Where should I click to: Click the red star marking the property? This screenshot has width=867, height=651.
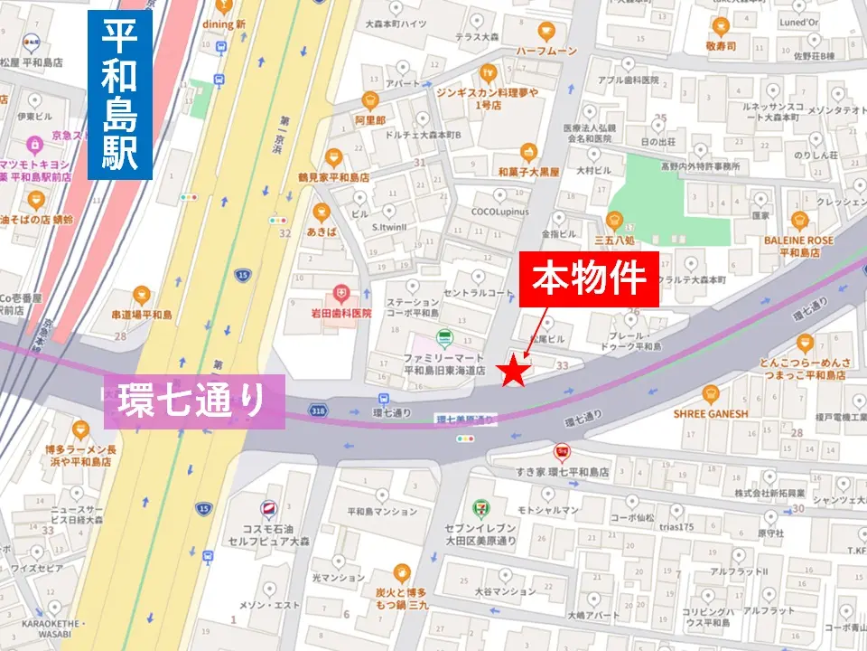click(514, 372)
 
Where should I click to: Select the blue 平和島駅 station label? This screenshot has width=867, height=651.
click(119, 95)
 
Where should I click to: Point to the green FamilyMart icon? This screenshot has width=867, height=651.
click(443, 338)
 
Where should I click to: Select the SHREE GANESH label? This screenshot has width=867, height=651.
click(711, 413)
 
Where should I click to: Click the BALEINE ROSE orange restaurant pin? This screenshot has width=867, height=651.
click(798, 220)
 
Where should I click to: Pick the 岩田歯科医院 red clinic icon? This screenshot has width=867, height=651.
click(340, 293)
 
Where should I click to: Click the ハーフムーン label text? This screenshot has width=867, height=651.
click(546, 52)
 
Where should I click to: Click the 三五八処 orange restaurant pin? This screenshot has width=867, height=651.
click(614, 218)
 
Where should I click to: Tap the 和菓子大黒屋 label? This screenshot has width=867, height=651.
click(528, 170)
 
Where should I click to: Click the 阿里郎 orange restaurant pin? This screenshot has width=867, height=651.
click(369, 100)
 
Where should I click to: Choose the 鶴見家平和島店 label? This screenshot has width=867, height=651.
click(333, 177)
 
